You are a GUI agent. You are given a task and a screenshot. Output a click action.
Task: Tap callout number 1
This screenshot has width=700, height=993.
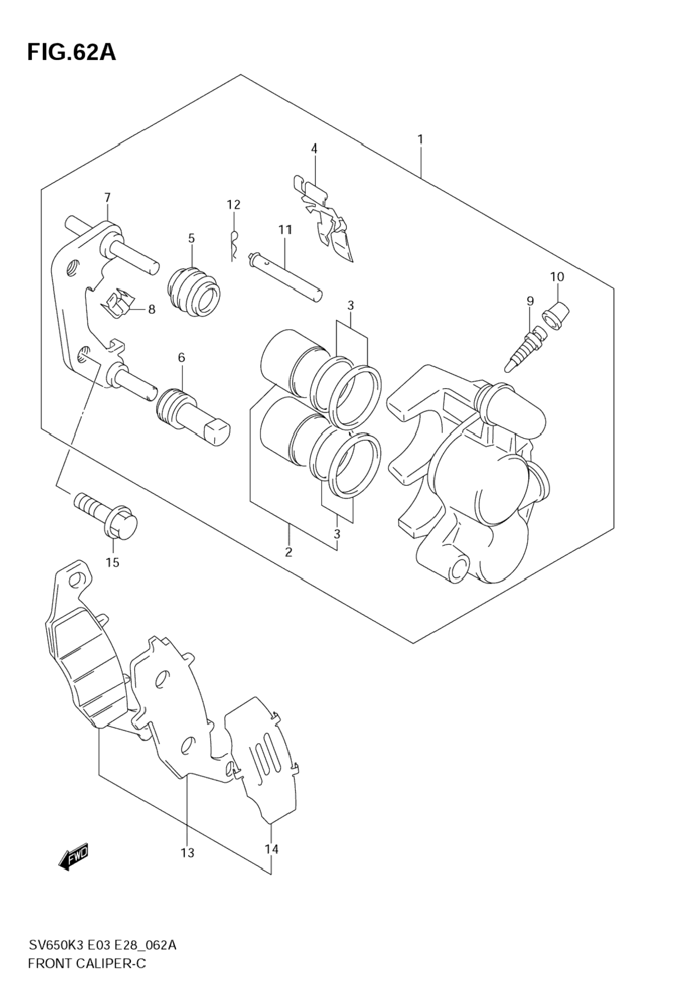[420, 139]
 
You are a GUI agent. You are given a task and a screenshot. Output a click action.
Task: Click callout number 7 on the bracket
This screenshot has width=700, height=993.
[107, 198]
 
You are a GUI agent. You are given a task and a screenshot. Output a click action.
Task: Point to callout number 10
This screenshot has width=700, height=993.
[557, 277]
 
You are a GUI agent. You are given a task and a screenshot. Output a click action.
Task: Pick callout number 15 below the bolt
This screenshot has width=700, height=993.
[112, 562]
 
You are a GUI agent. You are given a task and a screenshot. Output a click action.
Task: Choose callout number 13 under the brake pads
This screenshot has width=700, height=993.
[187, 853]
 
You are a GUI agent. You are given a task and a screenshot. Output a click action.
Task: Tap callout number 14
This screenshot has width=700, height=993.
[272, 849]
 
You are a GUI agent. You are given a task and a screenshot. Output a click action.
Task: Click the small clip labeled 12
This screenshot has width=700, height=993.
[235, 245]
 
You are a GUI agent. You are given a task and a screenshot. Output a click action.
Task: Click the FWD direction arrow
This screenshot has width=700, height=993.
[73, 857]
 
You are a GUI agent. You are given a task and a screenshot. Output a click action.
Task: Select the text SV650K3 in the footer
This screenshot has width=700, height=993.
[57, 945]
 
